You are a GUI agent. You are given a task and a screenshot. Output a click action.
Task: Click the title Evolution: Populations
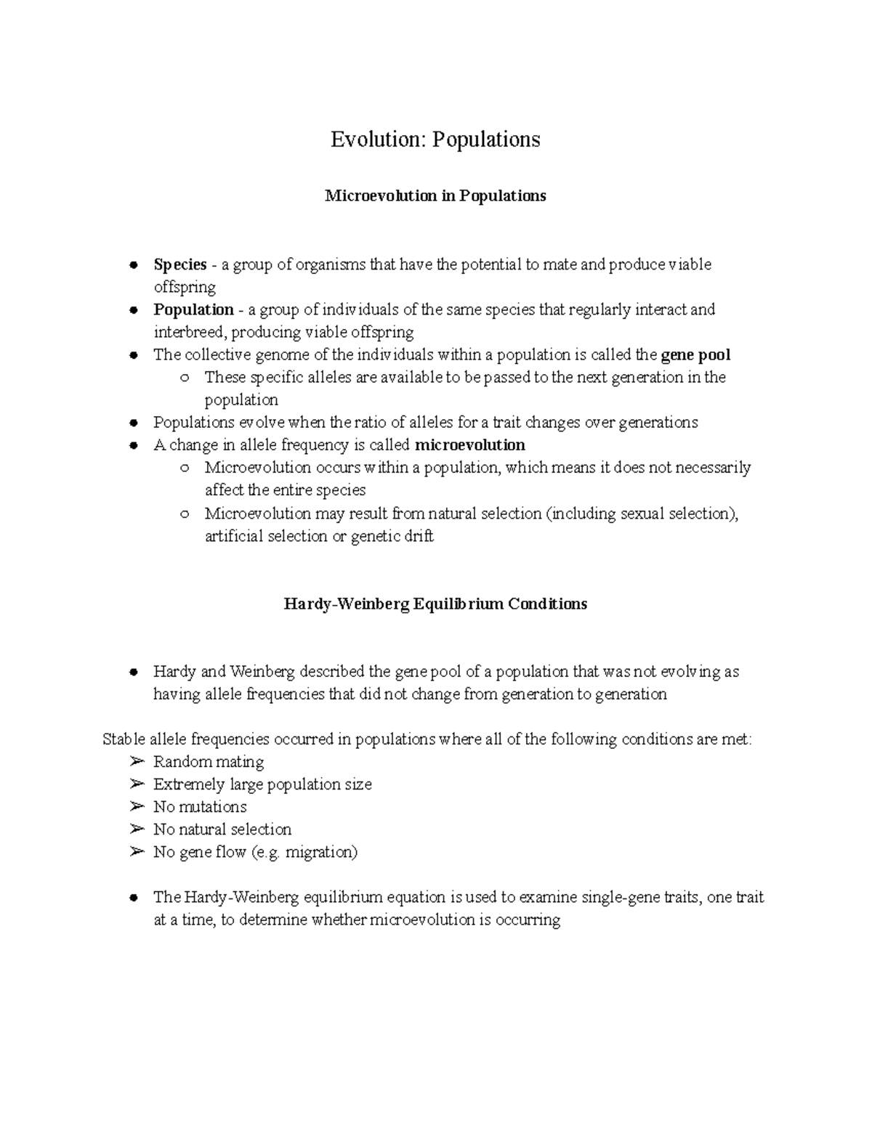[x=435, y=139]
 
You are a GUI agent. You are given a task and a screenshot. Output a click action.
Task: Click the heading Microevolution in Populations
[x=435, y=196]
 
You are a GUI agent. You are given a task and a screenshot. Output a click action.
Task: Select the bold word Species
[x=180, y=264]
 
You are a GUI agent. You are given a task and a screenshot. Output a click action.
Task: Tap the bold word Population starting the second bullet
[x=193, y=309]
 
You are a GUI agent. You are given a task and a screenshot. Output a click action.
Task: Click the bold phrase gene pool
[x=695, y=355]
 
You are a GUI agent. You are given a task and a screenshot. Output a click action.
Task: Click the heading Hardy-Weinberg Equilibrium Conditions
[x=435, y=604]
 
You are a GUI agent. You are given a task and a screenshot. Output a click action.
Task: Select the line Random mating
[x=209, y=762]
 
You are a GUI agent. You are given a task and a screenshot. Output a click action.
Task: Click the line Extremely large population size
[x=262, y=784]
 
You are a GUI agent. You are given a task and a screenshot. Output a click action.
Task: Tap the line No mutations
[x=200, y=807]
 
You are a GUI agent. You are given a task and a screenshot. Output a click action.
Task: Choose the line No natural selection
[x=222, y=829]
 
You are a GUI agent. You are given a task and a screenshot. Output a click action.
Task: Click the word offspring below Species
[x=185, y=287]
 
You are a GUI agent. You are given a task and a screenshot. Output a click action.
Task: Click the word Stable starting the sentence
[x=124, y=739]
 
